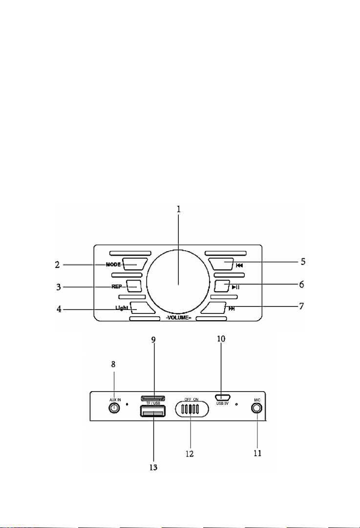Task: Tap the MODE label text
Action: pos(113,264)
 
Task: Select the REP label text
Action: pos(117,287)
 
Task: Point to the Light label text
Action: pos(122,308)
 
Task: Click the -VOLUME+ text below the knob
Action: pos(178,318)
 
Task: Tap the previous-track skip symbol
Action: pos(239,265)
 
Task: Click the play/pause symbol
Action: pos(235,287)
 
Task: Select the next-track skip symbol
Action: pos(232,308)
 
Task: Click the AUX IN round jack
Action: pos(115,408)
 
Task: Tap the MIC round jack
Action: pos(257,408)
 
